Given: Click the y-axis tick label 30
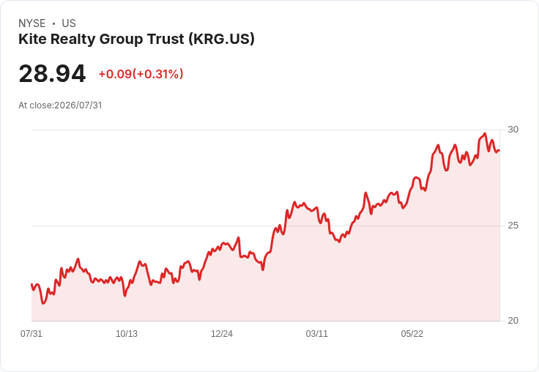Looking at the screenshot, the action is [513, 130].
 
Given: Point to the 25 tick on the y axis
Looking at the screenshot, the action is [513, 226].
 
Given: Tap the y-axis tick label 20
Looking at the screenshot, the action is [513, 321].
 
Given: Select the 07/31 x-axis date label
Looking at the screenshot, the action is [31, 333].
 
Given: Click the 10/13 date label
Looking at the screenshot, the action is [127, 333].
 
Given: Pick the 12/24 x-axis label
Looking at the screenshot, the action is [222, 333].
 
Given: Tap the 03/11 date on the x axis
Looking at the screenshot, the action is [316, 333].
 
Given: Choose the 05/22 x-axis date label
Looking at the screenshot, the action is [412, 333].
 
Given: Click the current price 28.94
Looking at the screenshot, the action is [52, 73].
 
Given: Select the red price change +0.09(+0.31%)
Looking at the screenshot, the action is [141, 74].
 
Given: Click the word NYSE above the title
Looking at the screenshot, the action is [32, 23].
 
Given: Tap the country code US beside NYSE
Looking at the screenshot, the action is [69, 23].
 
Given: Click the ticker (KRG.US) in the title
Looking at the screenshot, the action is [221, 40].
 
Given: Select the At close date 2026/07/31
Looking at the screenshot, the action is [78, 105].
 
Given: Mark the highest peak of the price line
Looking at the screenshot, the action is [485, 133].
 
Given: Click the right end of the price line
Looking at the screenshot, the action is [499, 150].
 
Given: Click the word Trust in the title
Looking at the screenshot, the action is [166, 39].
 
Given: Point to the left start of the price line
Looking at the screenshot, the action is [31, 284].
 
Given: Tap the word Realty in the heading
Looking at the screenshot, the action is [73, 40].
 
